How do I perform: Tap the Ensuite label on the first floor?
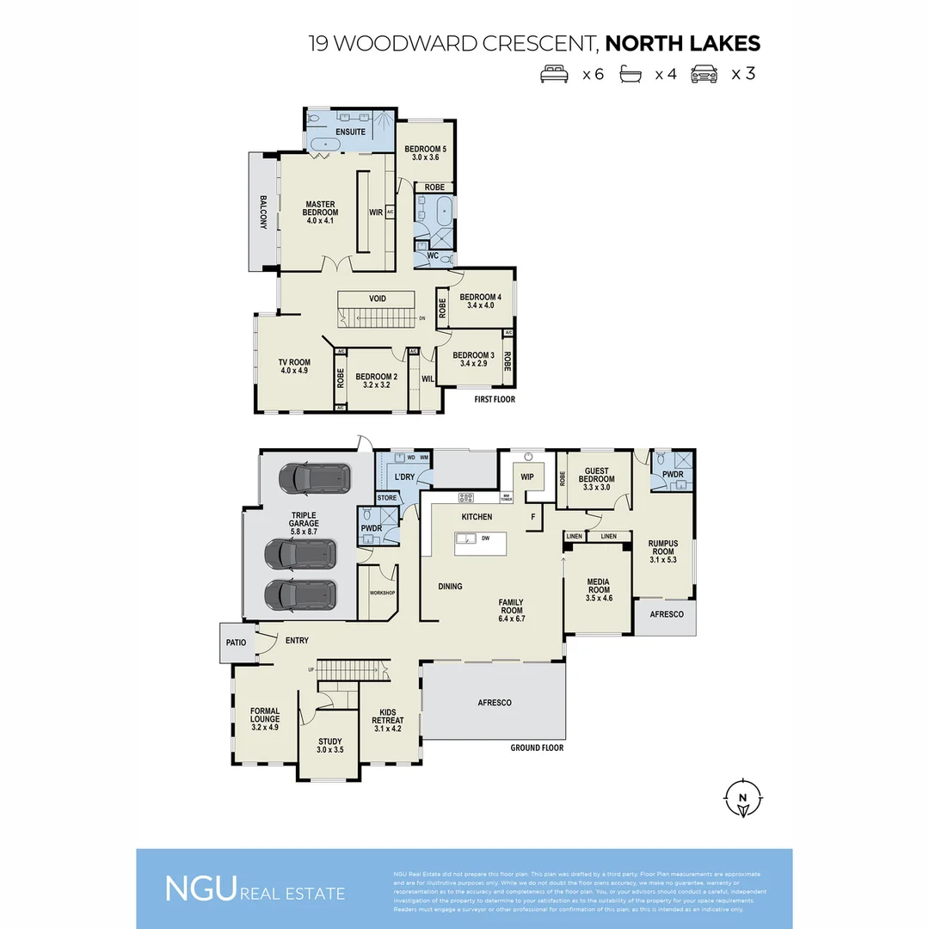tap(350, 132)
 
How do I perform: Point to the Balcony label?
tap(263, 212)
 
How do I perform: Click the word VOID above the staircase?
tap(378, 299)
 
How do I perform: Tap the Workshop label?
tap(381, 594)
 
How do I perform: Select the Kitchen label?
tap(477, 517)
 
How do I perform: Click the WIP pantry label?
tap(527, 476)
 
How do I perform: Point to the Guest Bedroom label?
tap(596, 476)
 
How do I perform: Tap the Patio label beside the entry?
tap(236, 643)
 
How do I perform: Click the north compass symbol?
tap(742, 797)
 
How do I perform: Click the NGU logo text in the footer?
tap(200, 889)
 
